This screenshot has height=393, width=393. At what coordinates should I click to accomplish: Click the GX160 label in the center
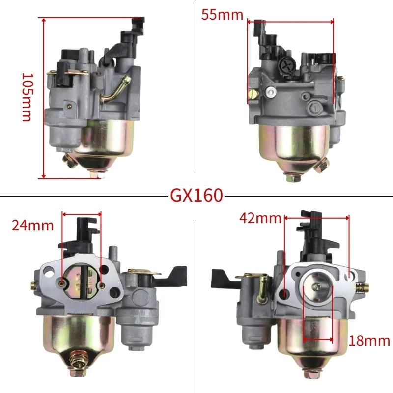click(196, 196)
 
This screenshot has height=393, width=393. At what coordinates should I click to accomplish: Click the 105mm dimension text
click(27, 97)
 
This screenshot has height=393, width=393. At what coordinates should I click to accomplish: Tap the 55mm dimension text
click(222, 15)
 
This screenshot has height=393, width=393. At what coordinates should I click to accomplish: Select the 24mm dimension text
click(33, 225)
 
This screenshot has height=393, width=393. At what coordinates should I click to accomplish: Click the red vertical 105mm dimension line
click(44, 98)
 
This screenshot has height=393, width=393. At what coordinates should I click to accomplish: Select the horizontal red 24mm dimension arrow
click(82, 214)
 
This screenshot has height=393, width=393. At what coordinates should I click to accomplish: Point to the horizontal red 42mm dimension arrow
click(316, 217)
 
